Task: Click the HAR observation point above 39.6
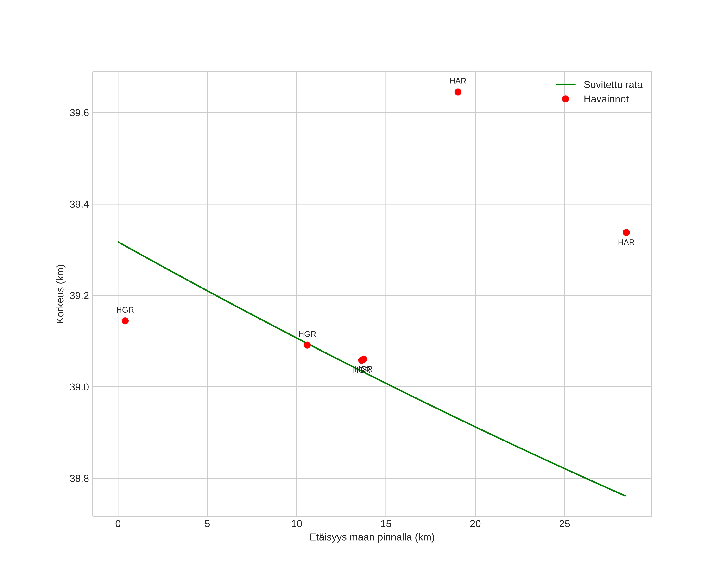[x=458, y=92]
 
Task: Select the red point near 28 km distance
[x=626, y=232]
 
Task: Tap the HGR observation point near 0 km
[x=125, y=321]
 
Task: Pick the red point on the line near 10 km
[x=307, y=345]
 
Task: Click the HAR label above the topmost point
[x=458, y=81]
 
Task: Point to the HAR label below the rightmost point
[x=626, y=243]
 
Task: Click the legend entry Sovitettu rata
[x=612, y=84]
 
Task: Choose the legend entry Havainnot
[x=606, y=99]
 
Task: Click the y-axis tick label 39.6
[x=79, y=113]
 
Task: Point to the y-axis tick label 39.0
[x=79, y=387]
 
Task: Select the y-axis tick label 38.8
[x=79, y=478]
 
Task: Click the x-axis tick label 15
[x=386, y=524]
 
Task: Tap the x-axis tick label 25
[x=564, y=524]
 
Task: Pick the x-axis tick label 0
[x=118, y=524]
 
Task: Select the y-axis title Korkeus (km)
[x=60, y=294]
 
